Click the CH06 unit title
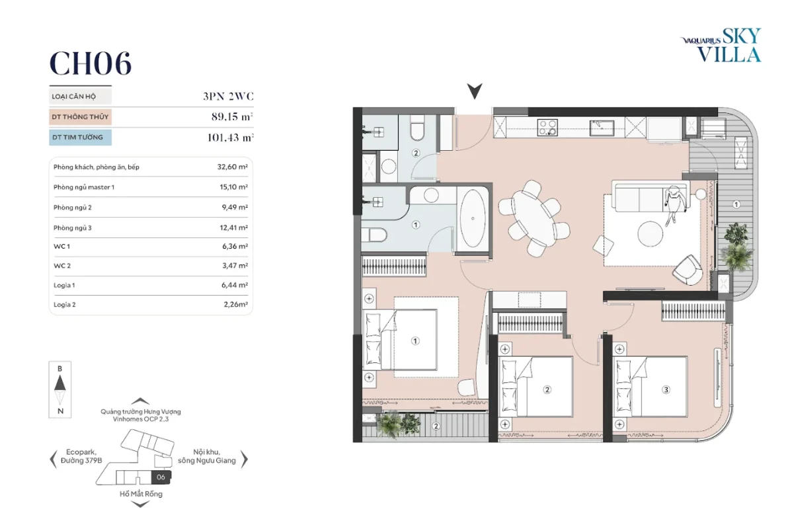90,63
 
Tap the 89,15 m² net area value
232,116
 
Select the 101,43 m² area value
230,137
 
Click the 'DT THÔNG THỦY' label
80,117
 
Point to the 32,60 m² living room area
233,167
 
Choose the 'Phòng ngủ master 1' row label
84,187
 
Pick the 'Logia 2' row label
65,304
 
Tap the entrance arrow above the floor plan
475,91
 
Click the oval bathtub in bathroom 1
473,219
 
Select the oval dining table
532,219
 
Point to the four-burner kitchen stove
547,128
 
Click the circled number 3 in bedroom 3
666,389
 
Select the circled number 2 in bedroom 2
547,389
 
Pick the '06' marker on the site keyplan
161,477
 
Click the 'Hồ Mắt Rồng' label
141,494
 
